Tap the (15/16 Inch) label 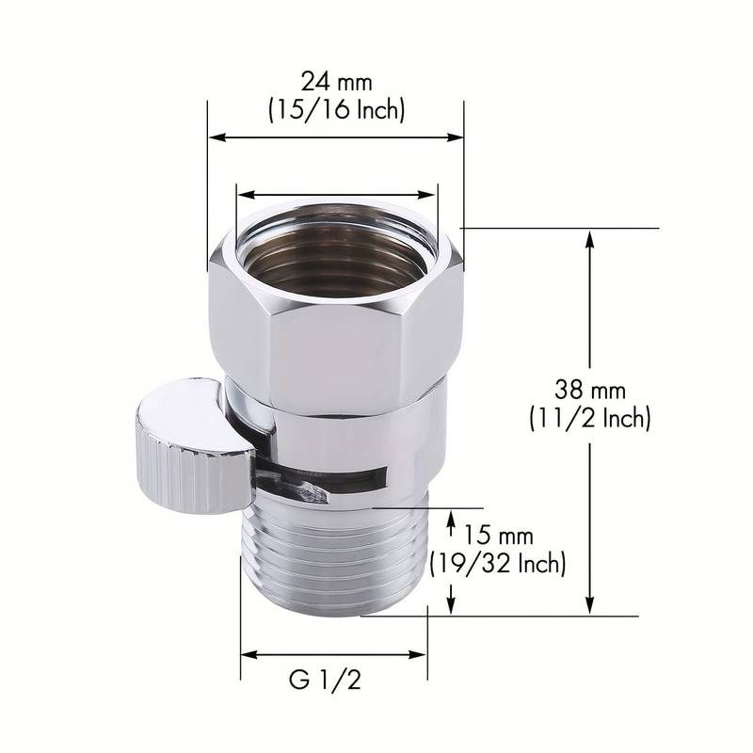(x=335, y=110)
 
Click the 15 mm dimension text (x=499, y=537)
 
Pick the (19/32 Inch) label (x=498, y=564)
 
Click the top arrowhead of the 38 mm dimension (x=590, y=235)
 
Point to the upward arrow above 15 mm (x=453, y=519)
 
